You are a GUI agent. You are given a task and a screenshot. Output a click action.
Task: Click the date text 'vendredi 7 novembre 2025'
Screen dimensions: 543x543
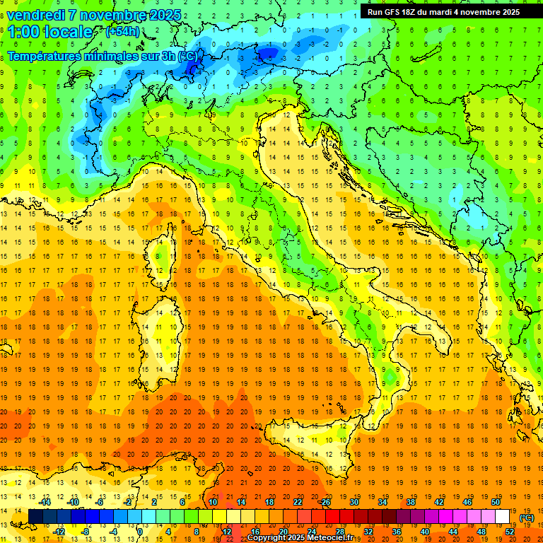click(94, 15)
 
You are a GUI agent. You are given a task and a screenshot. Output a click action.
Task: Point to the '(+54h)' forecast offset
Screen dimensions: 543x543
click(122, 32)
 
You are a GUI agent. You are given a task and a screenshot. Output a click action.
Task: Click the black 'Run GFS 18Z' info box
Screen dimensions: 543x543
click(443, 12)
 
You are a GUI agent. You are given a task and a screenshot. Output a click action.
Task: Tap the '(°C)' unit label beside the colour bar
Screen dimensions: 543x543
click(527, 518)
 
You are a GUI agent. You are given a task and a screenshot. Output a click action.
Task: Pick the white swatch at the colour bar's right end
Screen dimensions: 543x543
click(502, 517)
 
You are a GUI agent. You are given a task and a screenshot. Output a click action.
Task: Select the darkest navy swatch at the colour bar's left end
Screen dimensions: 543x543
click(35, 517)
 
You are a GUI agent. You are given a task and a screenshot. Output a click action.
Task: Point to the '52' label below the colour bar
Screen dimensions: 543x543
click(510, 531)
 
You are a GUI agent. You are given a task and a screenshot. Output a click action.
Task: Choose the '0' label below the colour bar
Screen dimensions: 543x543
click(140, 531)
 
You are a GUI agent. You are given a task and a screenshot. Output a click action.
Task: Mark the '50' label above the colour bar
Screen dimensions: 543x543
click(495, 502)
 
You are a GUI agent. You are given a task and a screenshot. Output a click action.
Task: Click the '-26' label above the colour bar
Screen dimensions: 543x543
click(325, 502)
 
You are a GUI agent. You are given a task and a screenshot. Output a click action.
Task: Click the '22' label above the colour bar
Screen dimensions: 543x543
click(297, 502)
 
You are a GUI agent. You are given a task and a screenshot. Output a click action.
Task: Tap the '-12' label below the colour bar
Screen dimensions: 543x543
click(59, 531)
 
